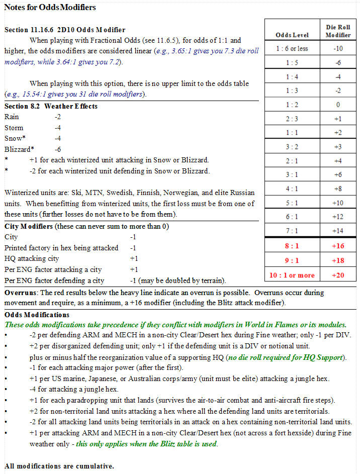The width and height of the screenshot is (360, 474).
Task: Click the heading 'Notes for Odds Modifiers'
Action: point(50,8)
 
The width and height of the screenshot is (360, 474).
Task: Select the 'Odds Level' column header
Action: point(292,35)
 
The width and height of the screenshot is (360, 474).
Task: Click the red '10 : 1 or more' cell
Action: point(292,275)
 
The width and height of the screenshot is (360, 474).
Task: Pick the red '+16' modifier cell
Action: point(338,246)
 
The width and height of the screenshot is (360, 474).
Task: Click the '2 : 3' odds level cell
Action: point(292,119)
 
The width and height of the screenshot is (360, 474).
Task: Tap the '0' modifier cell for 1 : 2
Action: point(338,105)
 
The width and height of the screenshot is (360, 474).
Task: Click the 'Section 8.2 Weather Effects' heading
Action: point(51,107)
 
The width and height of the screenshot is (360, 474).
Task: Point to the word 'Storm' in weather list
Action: point(14,128)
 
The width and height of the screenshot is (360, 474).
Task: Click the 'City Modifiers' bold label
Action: point(28,226)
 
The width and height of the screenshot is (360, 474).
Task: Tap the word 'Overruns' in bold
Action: point(19,293)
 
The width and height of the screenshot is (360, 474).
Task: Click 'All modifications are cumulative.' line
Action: point(59,466)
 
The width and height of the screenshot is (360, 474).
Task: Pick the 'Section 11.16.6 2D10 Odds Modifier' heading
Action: point(65,30)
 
